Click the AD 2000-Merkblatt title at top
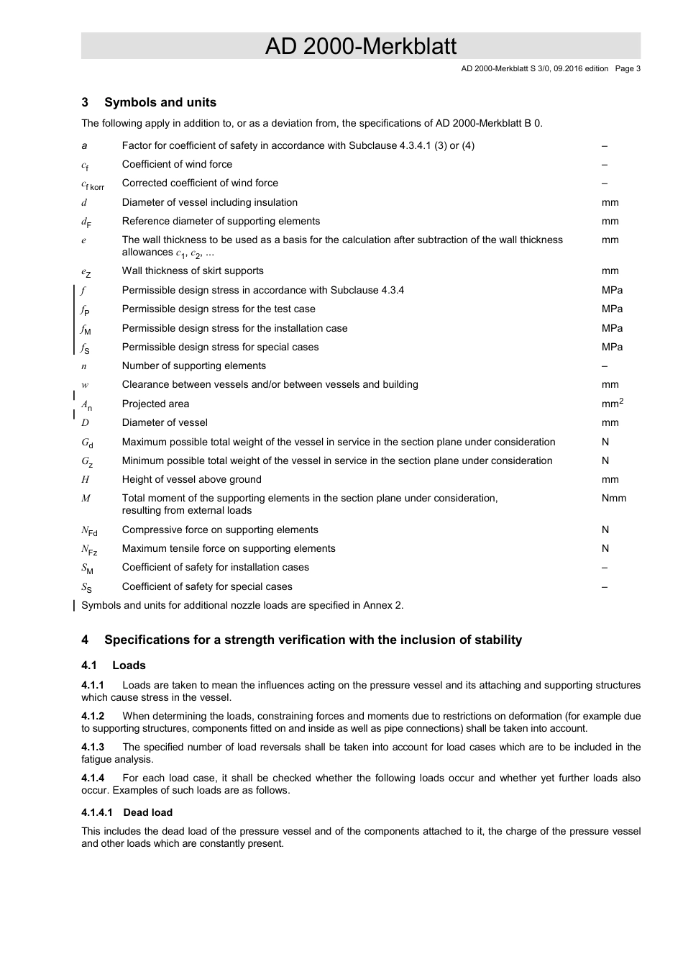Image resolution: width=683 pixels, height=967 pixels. (x=360, y=46)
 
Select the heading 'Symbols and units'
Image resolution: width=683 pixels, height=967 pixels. (x=160, y=103)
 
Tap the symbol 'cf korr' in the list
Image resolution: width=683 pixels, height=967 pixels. (x=92, y=185)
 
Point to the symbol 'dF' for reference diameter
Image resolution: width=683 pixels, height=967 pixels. (x=86, y=222)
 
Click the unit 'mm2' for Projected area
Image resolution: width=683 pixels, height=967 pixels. (x=612, y=404)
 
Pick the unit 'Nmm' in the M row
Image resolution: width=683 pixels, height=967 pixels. (x=613, y=498)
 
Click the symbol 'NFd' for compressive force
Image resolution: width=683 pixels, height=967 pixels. (x=89, y=531)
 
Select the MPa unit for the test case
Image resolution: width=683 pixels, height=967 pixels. (x=612, y=309)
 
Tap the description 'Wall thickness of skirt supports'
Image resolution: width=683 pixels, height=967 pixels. (x=193, y=271)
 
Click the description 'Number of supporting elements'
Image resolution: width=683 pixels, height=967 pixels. (x=193, y=366)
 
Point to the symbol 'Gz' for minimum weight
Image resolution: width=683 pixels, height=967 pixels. (x=86, y=461)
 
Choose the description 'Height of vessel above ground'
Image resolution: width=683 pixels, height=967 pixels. (x=191, y=479)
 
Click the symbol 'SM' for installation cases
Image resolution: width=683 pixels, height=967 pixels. (x=87, y=568)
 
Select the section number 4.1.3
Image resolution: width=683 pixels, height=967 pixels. (x=93, y=747)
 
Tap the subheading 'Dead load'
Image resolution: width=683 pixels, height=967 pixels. (x=147, y=812)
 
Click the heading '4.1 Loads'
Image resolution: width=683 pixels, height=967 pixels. (x=114, y=666)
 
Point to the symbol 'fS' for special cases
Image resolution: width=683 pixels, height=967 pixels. (x=86, y=348)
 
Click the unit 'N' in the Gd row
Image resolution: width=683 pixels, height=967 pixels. (x=605, y=442)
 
